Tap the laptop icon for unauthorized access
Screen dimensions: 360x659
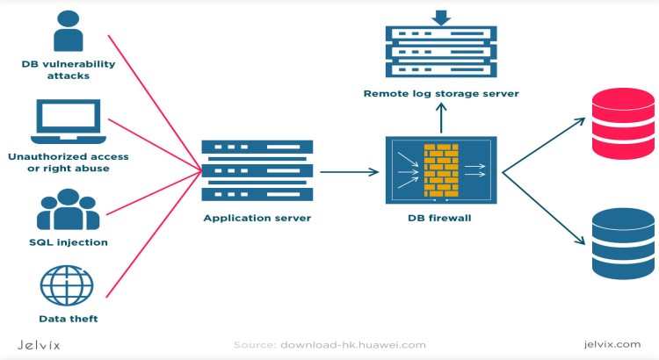(69, 122)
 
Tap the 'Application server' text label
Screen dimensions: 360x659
(257, 217)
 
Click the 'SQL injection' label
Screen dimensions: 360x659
(67, 241)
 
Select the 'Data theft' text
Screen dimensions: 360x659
(68, 318)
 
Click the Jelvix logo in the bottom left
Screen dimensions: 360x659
(39, 344)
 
